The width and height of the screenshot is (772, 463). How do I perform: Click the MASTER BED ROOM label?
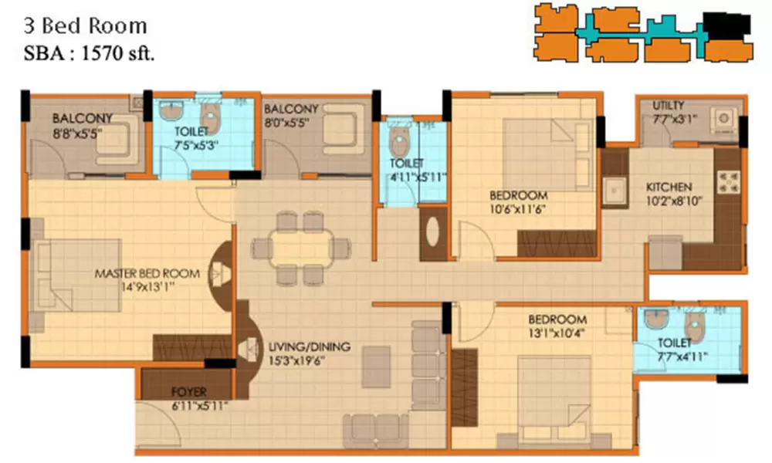pyautogui.click(x=147, y=273)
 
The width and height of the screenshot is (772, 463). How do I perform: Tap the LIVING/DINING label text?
pyautogui.click(x=309, y=346)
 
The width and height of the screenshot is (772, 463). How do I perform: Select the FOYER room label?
pyautogui.click(x=188, y=390)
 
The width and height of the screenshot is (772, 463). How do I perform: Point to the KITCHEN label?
pyautogui.click(x=669, y=187)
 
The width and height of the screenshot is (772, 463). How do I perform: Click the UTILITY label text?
pyautogui.click(x=668, y=106)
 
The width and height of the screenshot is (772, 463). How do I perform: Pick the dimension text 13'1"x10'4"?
pyautogui.click(x=557, y=333)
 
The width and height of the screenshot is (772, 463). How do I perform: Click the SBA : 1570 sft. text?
pyautogui.click(x=86, y=55)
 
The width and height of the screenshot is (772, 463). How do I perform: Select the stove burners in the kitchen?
pyautogui.click(x=728, y=184)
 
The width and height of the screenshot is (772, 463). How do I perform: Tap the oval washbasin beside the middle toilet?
pyautogui.click(x=432, y=233)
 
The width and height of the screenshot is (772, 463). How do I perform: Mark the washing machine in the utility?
pyautogui.click(x=723, y=120)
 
